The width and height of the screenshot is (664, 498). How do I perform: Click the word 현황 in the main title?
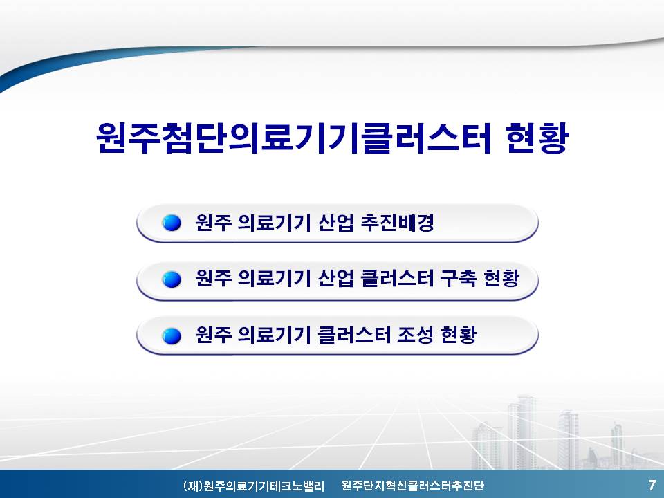pos(537,138)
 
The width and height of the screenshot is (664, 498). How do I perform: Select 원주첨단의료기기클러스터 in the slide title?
pos(293,138)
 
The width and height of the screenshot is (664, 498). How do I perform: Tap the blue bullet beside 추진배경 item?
pos(172,223)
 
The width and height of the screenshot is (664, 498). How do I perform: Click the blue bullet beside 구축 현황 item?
pos(172,279)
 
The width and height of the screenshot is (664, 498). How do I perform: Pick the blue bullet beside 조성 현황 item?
pos(172,336)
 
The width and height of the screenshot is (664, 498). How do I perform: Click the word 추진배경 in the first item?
pos(397,222)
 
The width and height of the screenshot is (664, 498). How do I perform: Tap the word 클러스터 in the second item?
pos(397,278)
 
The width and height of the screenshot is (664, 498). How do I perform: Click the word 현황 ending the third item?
pos(459,335)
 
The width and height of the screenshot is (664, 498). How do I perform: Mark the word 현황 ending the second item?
pos(501,278)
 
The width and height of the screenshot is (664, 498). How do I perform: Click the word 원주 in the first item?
pos(213,222)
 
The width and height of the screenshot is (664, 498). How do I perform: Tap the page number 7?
pos(652,484)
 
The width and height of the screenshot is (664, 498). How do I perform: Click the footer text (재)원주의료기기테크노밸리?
pos(254,486)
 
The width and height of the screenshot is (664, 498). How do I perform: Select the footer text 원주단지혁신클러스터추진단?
pos(412,486)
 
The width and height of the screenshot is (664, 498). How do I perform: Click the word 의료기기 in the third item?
pos(274,335)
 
